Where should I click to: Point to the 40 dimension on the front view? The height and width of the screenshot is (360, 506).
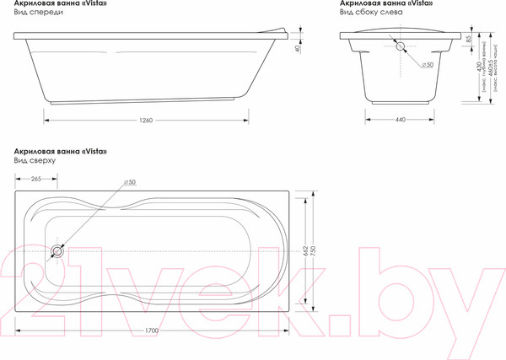[x=298, y=48]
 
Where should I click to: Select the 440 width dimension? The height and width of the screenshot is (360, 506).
[x=400, y=119]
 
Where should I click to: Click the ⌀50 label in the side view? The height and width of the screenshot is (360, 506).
[x=427, y=64]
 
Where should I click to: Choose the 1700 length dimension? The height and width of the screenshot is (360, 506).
[x=153, y=332]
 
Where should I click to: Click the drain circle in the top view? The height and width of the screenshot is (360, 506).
[x=59, y=250]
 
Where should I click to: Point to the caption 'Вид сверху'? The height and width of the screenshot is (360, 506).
[x=34, y=159]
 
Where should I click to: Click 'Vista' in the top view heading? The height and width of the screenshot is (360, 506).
[x=94, y=150]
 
